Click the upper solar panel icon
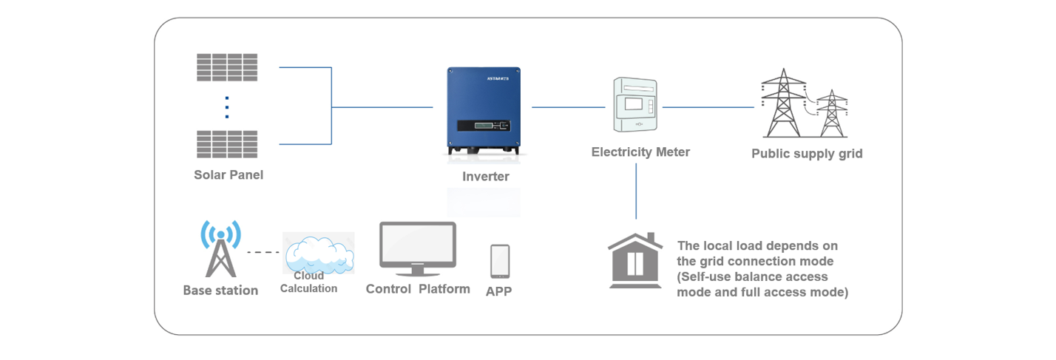(x=227, y=67)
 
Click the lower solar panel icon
(x=227, y=144)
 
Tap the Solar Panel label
(x=229, y=174)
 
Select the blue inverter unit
(x=484, y=111)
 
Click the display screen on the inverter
(x=484, y=126)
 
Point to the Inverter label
(x=486, y=176)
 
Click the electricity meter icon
(x=635, y=105)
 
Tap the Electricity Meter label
(x=640, y=152)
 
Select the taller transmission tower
(x=783, y=103)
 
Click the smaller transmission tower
(x=832, y=114)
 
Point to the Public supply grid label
(x=807, y=154)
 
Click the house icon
(x=635, y=260)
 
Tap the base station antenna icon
(x=220, y=249)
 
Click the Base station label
(x=220, y=291)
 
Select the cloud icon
(x=319, y=254)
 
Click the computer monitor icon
(x=418, y=249)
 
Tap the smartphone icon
(x=500, y=262)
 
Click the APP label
(x=498, y=291)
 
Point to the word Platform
(x=444, y=289)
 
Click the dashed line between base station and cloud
(x=263, y=253)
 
